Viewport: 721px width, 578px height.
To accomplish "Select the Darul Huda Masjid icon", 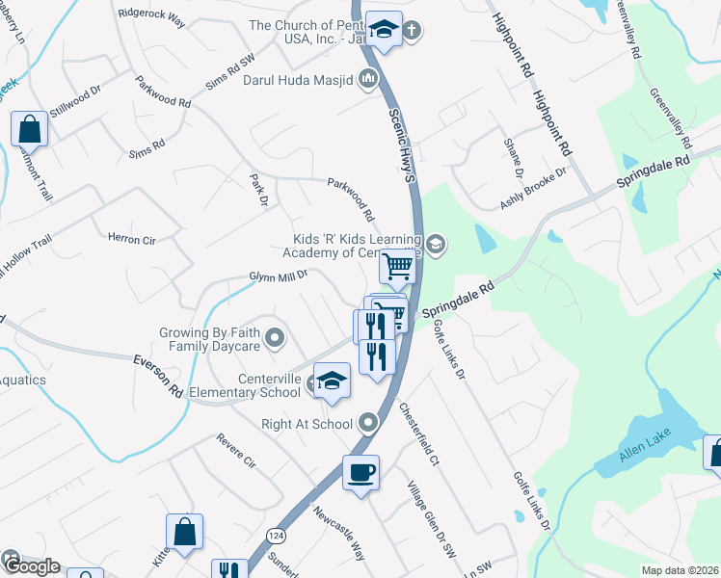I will click(x=367, y=82).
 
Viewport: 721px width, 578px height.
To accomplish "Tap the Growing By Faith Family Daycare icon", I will click(x=275, y=338).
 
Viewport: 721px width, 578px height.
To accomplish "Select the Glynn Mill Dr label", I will click(x=278, y=276).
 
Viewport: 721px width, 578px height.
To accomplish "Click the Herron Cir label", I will click(x=130, y=237).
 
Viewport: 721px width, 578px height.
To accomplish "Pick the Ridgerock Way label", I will click(x=152, y=14).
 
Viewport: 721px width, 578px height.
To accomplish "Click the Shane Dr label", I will click(x=512, y=156).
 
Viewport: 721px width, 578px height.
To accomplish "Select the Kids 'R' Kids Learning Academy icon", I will click(x=436, y=245).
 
